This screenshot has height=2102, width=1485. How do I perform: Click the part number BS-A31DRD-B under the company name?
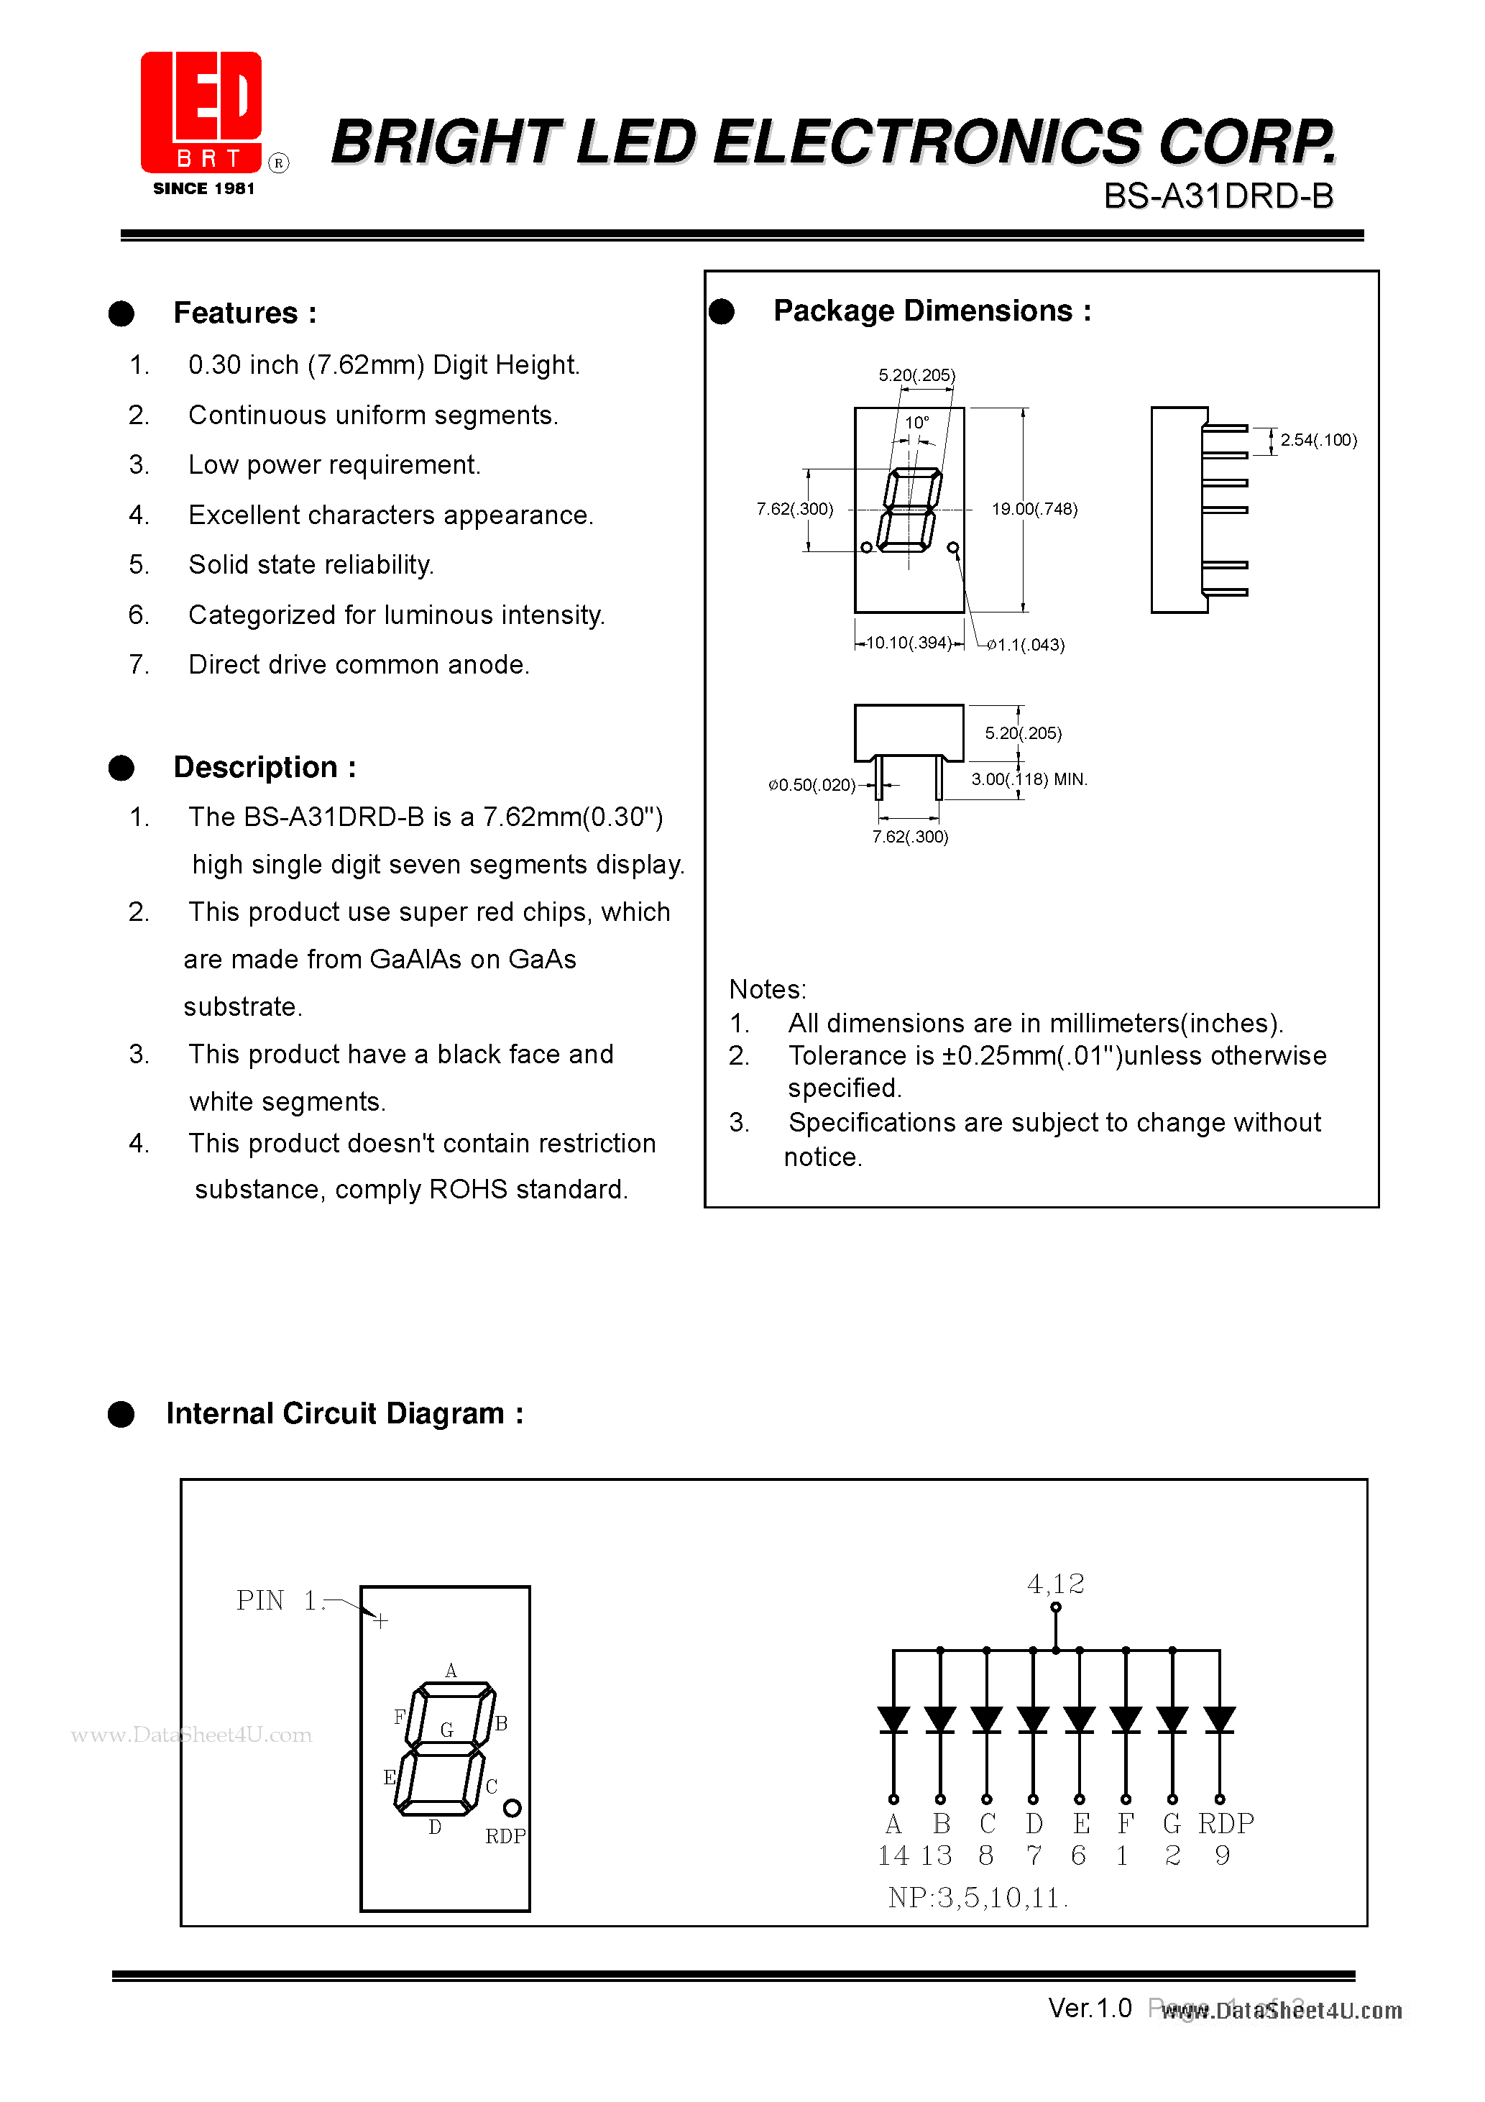coord(1218,196)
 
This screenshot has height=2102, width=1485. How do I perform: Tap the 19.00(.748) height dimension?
coord(1034,509)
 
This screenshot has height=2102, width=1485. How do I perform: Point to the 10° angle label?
coord(916,423)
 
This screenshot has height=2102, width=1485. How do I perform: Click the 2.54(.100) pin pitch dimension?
coord(1318,441)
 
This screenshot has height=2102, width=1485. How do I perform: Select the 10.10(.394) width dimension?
coord(909,643)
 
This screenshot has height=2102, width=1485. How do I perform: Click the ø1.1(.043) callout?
coord(1026,645)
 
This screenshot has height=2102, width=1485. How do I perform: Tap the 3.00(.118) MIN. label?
coord(1028,779)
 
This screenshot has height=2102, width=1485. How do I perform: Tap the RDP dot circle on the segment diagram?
coord(512,1808)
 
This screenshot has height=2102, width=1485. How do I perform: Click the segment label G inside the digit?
coord(447,1730)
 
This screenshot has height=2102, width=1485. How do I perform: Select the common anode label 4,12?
coord(1056,1584)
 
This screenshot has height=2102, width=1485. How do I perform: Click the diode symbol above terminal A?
coord(893,1720)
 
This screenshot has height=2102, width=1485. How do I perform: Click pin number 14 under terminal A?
coord(893,1855)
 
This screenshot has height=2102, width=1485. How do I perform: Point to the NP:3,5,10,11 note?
coord(976,1898)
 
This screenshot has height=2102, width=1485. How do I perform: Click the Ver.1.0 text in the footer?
coord(1090,2008)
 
